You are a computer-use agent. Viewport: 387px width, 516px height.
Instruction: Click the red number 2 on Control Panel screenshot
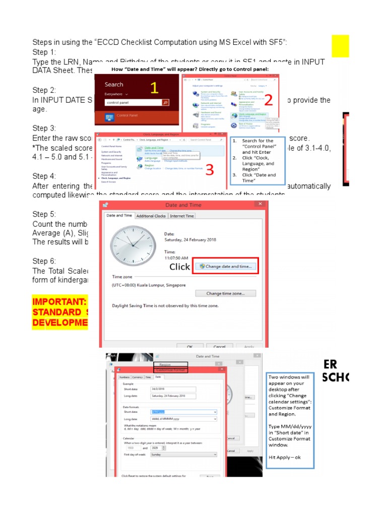coord(268,100)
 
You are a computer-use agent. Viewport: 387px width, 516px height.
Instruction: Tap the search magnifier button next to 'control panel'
coord(165,102)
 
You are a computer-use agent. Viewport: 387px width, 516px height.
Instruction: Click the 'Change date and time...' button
coord(225,266)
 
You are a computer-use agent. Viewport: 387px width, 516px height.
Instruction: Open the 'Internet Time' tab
coord(181,216)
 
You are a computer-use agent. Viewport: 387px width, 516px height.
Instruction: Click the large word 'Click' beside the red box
coord(179,267)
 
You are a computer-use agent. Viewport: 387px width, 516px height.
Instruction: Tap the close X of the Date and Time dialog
coord(260,204)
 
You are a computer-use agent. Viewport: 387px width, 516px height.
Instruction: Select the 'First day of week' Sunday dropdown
coord(184,454)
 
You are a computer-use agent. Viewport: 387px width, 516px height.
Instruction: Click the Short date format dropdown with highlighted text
coord(184,412)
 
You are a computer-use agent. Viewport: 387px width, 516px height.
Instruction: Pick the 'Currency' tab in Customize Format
coord(137,377)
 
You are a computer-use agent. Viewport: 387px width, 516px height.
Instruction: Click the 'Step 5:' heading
coord(44,214)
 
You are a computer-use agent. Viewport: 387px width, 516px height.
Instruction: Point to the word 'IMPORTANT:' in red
coord(59,302)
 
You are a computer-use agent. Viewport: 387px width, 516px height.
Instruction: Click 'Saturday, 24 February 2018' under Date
coord(190,240)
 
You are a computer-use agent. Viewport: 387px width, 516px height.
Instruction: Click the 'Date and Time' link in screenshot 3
coord(154,147)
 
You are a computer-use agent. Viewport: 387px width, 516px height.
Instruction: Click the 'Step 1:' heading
coord(44,52)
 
